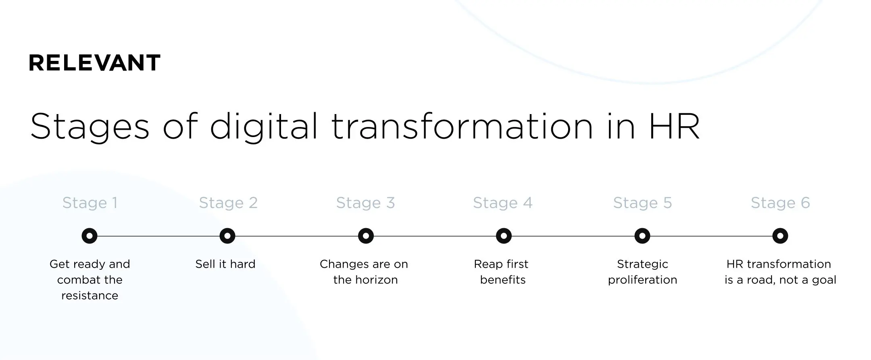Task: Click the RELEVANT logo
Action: [x=94, y=63]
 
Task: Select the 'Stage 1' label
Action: [x=90, y=203]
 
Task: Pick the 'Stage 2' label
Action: [x=228, y=203]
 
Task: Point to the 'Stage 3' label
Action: [x=365, y=203]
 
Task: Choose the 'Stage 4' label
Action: [x=502, y=203]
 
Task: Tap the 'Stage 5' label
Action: [x=642, y=203]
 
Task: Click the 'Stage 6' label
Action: [x=780, y=203]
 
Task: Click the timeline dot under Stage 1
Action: [x=90, y=236]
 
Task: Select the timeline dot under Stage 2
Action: [x=227, y=236]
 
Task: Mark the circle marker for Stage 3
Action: [x=366, y=236]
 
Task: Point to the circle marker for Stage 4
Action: [x=504, y=236]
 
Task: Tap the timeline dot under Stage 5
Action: [x=642, y=236]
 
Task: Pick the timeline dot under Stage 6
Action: [x=780, y=236]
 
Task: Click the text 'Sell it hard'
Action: [x=225, y=264]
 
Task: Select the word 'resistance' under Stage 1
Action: [x=90, y=295]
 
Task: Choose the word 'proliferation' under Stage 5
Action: [x=642, y=280]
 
